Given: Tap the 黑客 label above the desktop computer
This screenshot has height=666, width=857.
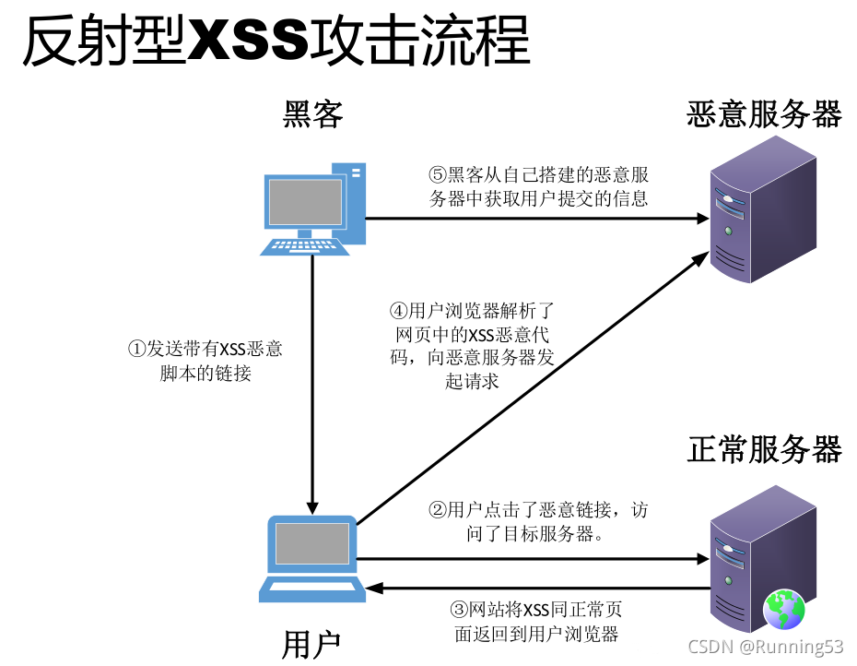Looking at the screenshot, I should click(312, 114).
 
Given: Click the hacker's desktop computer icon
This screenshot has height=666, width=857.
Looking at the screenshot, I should click(314, 209).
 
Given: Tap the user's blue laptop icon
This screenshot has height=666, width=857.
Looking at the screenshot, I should click(312, 557).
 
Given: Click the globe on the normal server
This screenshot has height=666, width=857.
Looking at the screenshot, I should click(783, 609).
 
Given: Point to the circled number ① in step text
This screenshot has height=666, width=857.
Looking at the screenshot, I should click(136, 350).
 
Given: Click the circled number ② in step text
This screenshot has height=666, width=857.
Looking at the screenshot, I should click(438, 510).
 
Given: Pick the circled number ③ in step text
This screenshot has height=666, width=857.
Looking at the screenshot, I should click(459, 610).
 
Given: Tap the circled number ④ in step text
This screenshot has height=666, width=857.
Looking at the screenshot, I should click(398, 311).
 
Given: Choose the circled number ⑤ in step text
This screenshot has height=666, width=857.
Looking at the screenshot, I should click(438, 175).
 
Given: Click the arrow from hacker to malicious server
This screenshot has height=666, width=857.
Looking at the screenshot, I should click(534, 219).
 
